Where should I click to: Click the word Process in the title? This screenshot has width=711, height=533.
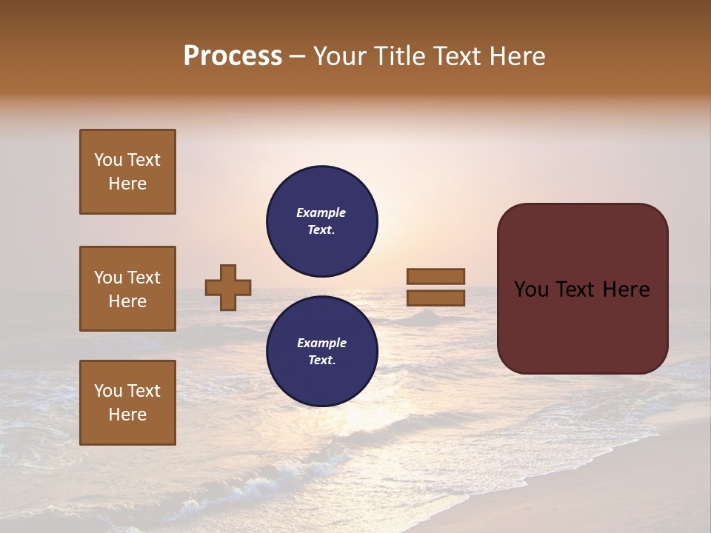pyautogui.click(x=233, y=56)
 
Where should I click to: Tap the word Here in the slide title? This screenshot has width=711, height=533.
pyautogui.click(x=516, y=56)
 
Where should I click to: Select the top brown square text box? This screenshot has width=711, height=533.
pyautogui.click(x=127, y=172)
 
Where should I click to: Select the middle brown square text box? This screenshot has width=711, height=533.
pyautogui.click(x=127, y=289)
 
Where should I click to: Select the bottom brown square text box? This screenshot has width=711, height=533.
pyautogui.click(x=127, y=403)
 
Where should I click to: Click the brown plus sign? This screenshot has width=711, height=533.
pyautogui.click(x=228, y=287)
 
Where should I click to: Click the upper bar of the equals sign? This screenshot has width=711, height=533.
pyautogui.click(x=435, y=276)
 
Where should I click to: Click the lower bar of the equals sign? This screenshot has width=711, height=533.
pyautogui.click(x=435, y=298)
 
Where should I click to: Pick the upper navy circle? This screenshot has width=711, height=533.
pyautogui.click(x=322, y=221)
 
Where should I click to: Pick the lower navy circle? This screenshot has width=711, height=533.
pyautogui.click(x=322, y=352)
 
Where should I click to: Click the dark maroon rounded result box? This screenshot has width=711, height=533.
pyautogui.click(x=582, y=326)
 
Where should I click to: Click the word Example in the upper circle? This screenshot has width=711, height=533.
pyautogui.click(x=321, y=212)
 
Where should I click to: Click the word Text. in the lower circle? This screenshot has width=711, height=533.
pyautogui.click(x=321, y=361)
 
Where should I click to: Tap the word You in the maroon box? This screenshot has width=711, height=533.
pyautogui.click(x=532, y=289)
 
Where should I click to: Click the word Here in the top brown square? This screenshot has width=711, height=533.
pyautogui.click(x=127, y=184)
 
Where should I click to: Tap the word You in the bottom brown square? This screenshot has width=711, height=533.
pyautogui.click(x=108, y=391)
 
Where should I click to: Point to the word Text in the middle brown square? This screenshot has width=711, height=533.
pyautogui.click(x=144, y=278)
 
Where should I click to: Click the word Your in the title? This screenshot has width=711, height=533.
pyautogui.click(x=341, y=56)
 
